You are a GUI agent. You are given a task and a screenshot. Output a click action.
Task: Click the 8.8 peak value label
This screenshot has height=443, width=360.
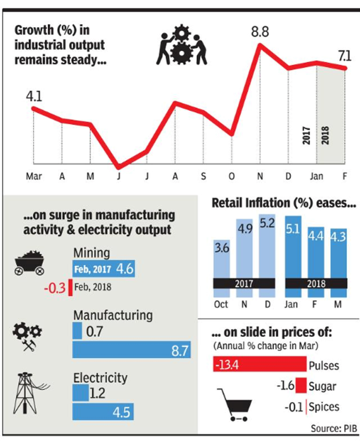[260, 32]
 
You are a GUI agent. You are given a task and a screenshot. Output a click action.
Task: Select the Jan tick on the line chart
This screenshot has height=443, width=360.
[316, 176]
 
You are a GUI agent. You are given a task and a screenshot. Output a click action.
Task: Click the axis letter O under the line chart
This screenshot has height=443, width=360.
[231, 176]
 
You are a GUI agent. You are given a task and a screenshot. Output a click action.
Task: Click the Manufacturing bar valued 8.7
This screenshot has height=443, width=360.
[131, 351]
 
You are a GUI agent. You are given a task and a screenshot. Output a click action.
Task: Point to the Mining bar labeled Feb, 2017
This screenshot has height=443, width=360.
[103, 269]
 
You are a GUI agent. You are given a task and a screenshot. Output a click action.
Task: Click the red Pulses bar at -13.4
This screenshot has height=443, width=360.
[259, 364]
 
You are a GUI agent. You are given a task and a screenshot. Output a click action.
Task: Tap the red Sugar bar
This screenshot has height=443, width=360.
[300, 386]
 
